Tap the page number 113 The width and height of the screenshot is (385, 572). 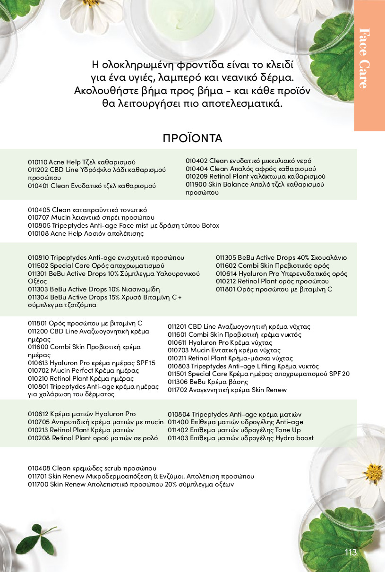click(x=351, y=553)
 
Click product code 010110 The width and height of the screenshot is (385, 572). click(x=38, y=162)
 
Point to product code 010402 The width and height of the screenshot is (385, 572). click(x=196, y=161)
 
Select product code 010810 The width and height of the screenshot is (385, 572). click(x=38, y=257)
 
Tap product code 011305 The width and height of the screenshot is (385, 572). click(x=226, y=257)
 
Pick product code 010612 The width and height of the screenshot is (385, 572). click(x=38, y=414)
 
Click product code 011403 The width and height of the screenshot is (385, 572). click(x=178, y=438)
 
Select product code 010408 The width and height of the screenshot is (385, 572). click(x=38, y=468)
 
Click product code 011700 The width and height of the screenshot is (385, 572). click(x=38, y=484)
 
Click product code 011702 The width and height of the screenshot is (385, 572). click(x=178, y=390)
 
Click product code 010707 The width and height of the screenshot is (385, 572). click(x=38, y=217)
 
